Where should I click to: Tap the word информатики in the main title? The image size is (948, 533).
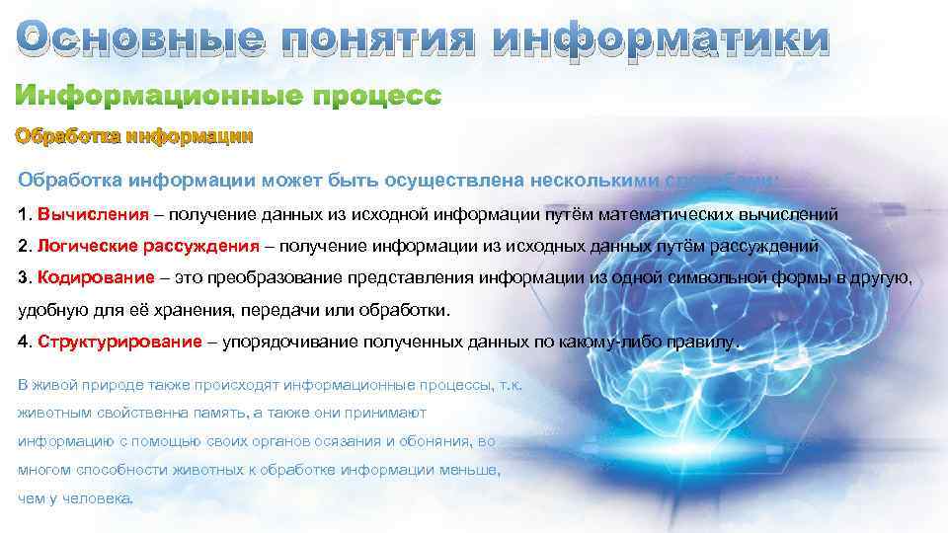(x=661, y=39)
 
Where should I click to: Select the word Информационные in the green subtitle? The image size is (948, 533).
(x=158, y=97)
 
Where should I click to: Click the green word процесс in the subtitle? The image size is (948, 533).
(x=379, y=97)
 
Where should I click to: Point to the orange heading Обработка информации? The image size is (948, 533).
(x=133, y=137)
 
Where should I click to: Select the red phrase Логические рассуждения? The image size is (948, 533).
(x=149, y=246)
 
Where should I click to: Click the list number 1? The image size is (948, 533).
(x=25, y=213)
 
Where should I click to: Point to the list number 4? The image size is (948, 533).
(x=25, y=342)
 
